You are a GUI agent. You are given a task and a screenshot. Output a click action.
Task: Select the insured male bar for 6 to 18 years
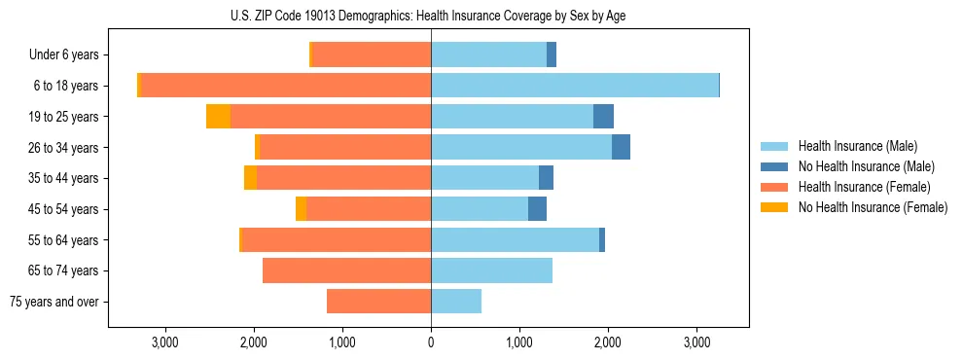(574, 86)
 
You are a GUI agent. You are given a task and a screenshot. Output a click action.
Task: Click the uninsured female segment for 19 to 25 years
(218, 117)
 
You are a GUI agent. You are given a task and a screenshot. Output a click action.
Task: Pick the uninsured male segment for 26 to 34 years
(621, 147)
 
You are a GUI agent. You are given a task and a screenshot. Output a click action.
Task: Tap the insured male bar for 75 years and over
(455, 302)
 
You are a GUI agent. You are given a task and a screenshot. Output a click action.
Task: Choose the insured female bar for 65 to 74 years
(346, 270)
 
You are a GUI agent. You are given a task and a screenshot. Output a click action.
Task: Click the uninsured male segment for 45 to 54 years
(537, 209)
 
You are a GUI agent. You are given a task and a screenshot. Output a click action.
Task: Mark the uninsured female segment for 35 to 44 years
(250, 178)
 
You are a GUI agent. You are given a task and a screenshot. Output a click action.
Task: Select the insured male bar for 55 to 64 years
(515, 239)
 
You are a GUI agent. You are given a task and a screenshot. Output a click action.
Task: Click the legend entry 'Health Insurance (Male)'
(857, 146)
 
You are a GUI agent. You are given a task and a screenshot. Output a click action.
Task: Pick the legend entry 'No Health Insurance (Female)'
(872, 207)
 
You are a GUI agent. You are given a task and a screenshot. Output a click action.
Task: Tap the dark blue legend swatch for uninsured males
(775, 166)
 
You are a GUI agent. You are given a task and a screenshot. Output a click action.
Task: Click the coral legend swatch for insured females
(775, 187)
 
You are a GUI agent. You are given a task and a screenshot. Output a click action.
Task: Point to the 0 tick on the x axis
(431, 342)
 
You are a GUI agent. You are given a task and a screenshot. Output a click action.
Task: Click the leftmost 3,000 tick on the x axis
(164, 342)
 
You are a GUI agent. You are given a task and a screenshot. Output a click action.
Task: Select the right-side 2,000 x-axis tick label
(608, 342)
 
